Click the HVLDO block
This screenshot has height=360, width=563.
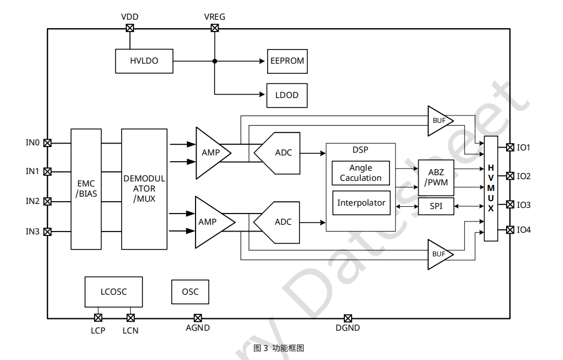click(x=144, y=61)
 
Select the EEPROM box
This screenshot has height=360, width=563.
click(x=287, y=61)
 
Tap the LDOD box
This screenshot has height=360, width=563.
click(x=287, y=95)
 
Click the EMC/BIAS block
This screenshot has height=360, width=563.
click(x=86, y=189)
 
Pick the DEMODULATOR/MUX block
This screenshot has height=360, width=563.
click(x=144, y=189)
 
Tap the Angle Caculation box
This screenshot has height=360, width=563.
click(x=361, y=173)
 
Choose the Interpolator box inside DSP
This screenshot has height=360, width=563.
click(x=361, y=203)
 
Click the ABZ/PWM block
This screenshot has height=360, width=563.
click(x=436, y=177)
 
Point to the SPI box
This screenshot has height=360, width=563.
click(x=436, y=206)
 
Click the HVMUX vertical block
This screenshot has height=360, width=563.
click(x=491, y=188)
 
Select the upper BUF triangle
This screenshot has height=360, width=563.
click(x=438, y=121)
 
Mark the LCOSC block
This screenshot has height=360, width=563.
click(x=114, y=292)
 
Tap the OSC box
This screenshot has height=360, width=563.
click(x=190, y=292)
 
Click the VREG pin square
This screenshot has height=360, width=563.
click(x=215, y=28)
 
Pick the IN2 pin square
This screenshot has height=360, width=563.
click(x=48, y=201)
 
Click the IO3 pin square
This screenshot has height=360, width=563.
click(x=510, y=205)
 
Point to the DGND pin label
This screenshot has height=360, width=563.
click(x=348, y=328)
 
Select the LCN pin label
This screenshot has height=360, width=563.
click(x=131, y=330)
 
